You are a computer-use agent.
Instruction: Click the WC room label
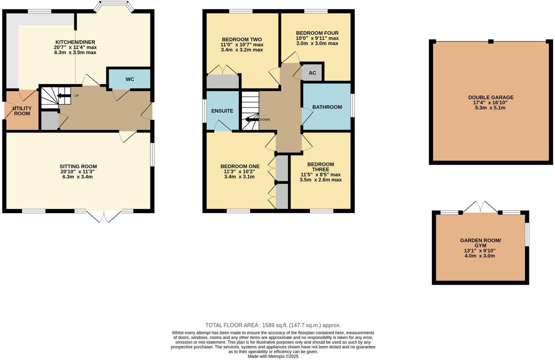[130, 79]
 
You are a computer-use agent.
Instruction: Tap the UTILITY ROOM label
[22, 111]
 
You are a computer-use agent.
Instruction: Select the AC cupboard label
[312, 73]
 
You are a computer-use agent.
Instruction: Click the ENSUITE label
[222, 111]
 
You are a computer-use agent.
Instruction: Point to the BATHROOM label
[327, 107]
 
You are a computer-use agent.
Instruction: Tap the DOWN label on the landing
[265, 120]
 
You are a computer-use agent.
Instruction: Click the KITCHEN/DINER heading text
[75, 42]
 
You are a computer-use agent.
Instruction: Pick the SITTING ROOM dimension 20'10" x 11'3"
[78, 172]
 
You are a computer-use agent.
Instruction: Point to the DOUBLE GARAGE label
[491, 97]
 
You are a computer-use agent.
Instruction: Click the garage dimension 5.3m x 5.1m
[490, 108]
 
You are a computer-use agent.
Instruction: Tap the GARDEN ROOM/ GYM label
[481, 243]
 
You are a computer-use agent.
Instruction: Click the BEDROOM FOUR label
[317, 33]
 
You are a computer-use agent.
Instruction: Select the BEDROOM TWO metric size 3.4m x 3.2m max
[242, 50]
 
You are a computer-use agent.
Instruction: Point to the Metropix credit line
[273, 356]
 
